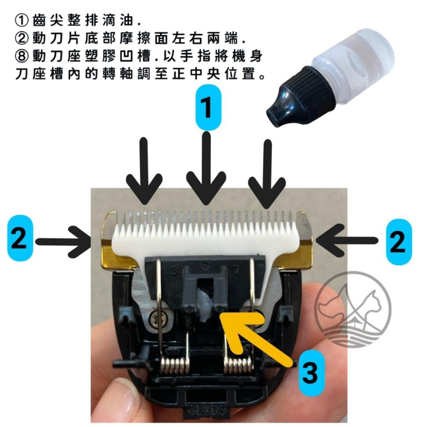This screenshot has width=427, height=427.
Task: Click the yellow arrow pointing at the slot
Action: pos(256,337)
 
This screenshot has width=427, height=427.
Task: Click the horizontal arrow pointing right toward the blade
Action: pos(64,242)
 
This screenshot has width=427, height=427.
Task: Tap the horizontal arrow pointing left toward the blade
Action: pos(350,242)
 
